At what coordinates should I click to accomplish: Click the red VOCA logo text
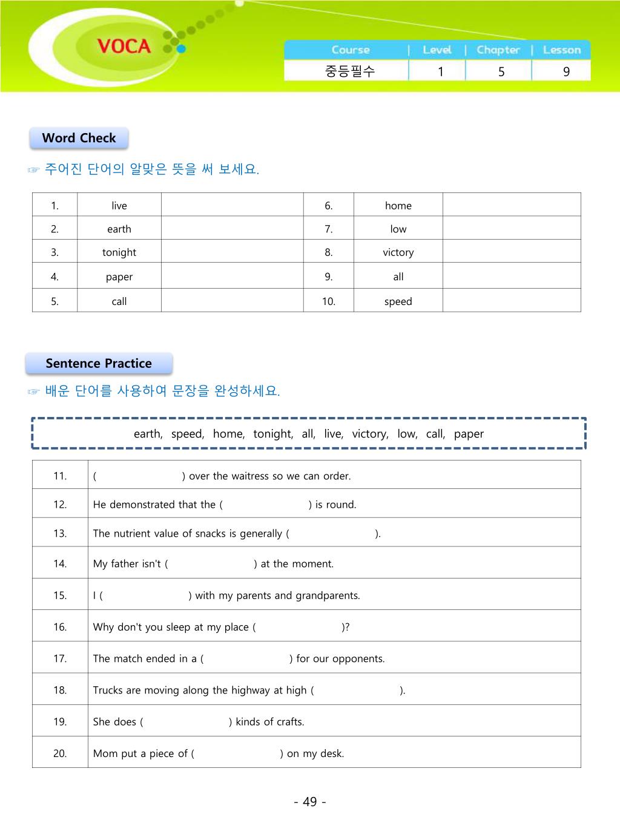tap(124, 46)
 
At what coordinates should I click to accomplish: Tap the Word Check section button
tap(79, 138)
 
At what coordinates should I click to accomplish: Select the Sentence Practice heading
tap(99, 364)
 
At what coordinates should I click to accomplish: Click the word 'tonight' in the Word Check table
tap(119, 252)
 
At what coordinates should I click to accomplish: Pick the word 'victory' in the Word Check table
tap(398, 252)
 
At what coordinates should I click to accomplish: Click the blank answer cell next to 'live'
tap(232, 205)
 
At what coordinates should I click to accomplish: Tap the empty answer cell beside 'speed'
tap(512, 301)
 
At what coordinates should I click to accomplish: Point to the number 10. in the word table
tap(328, 301)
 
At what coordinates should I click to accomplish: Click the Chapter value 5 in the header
tap(501, 71)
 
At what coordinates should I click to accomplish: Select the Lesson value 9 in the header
tap(566, 71)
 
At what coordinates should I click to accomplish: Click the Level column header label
tap(437, 50)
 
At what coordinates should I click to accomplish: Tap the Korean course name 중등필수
tap(350, 71)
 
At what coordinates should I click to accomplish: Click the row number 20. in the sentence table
tap(60, 753)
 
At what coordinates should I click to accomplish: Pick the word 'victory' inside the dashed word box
tap(369, 434)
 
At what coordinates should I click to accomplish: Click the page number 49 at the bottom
tap(310, 802)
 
